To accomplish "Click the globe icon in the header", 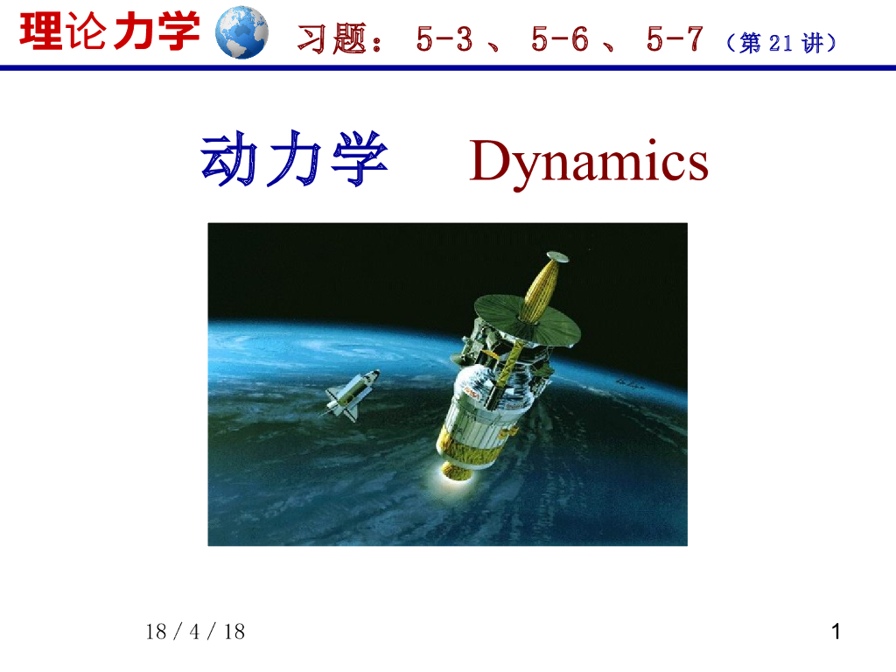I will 241,32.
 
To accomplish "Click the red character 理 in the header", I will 40,32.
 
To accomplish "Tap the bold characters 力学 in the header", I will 157,32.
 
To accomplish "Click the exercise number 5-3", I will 444,39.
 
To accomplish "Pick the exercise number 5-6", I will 559,39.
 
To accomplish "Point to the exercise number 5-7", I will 675,39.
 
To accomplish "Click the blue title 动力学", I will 294,162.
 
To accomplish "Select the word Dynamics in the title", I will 588,162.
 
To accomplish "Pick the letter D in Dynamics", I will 490,162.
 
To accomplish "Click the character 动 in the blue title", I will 229,162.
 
